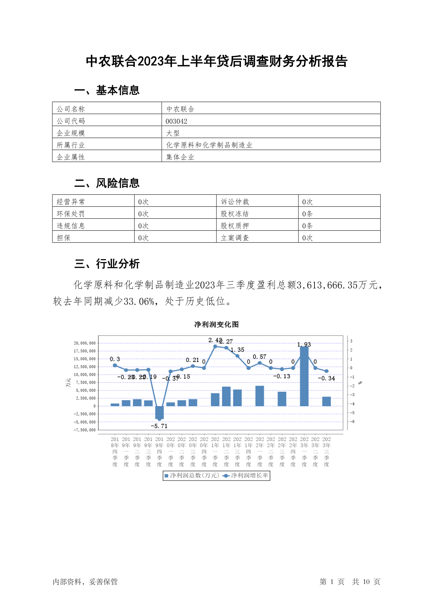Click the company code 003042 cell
[177, 121]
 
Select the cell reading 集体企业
[180, 157]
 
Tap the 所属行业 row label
[71, 145]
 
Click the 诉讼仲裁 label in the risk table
[235, 202]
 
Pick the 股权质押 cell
[235, 226]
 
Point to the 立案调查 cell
[235, 238]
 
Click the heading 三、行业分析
[107, 264]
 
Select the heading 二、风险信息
[107, 183]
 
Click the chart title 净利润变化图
[216, 324]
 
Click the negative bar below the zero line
[159, 412]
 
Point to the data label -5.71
[159, 426]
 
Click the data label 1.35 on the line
[237, 350]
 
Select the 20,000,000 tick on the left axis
[85, 343]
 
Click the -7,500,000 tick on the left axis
[85, 430]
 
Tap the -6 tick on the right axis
[351, 422]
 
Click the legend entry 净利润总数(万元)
[192, 475]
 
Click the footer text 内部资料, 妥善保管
[85, 582]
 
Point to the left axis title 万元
[68, 383]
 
